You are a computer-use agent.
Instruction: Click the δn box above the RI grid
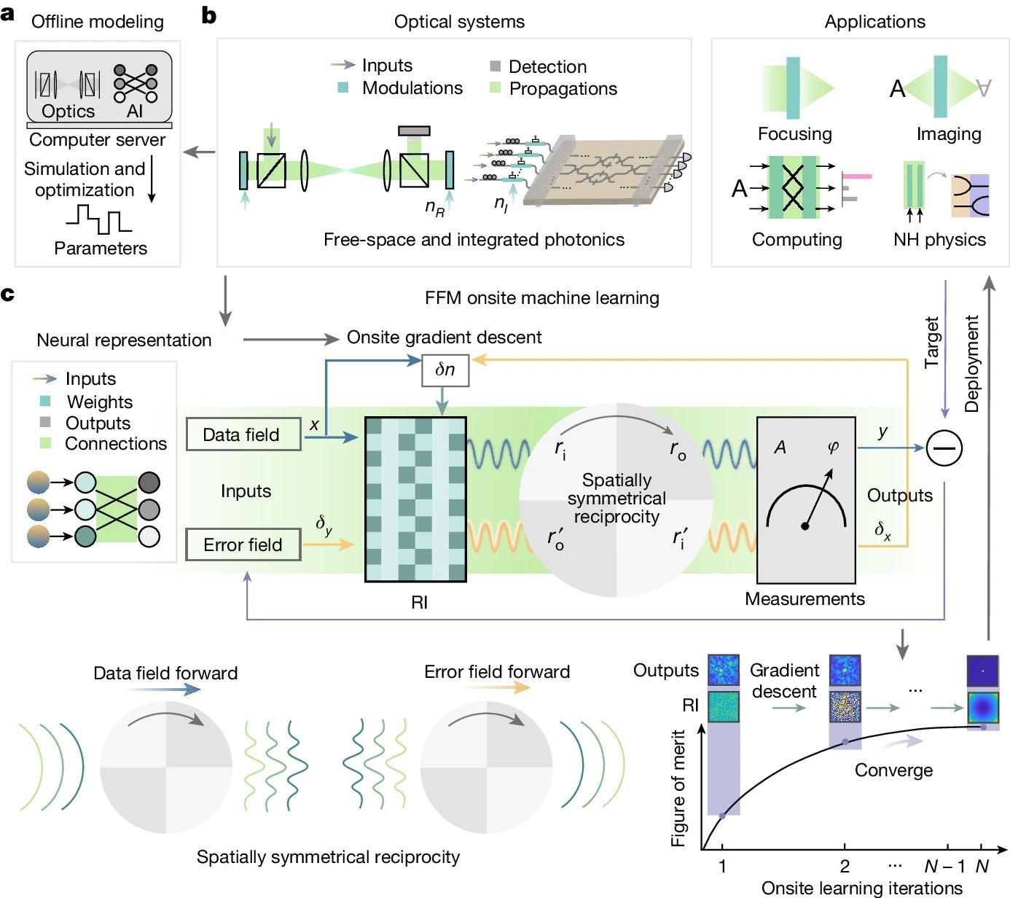click(445, 370)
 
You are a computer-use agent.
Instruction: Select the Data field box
click(243, 434)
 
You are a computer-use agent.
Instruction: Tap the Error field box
click(243, 544)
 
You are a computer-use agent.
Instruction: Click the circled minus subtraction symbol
click(944, 448)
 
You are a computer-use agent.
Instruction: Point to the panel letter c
click(8, 294)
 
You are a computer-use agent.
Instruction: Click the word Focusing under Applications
click(794, 134)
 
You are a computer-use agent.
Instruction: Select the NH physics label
click(939, 240)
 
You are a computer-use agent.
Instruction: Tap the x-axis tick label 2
click(845, 867)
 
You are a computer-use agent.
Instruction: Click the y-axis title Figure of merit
click(678, 788)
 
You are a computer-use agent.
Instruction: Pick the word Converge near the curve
click(893, 770)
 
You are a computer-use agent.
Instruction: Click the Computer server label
click(97, 140)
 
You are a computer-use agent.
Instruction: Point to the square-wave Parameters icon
click(99, 219)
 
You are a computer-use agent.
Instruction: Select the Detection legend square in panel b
click(496, 66)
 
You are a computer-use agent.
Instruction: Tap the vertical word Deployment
click(971, 364)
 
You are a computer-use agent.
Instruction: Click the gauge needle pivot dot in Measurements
click(805, 526)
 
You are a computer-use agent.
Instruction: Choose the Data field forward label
click(165, 673)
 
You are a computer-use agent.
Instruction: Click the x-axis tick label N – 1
click(944, 867)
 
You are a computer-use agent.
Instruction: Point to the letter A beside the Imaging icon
click(897, 89)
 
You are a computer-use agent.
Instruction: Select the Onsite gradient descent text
click(444, 337)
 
